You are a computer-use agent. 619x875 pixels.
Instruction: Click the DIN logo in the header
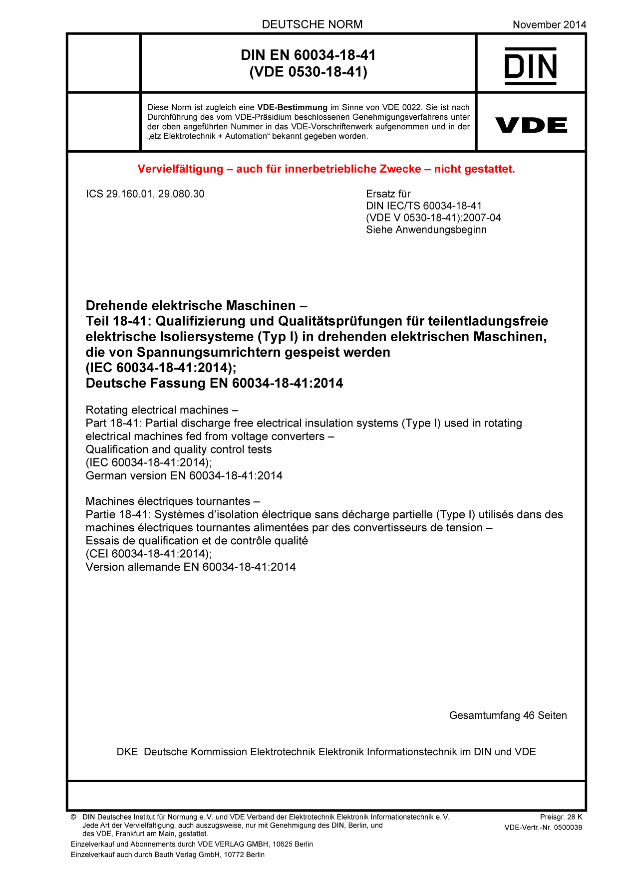pos(531,66)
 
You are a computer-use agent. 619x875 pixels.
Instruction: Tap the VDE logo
pos(531,125)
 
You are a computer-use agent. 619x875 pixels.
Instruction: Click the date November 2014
pos(549,24)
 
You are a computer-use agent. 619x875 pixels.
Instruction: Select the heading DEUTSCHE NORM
pos(312,24)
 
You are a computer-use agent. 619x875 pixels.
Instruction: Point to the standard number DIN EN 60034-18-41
pos(308,55)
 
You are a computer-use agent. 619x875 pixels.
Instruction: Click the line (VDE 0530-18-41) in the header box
pos(308,72)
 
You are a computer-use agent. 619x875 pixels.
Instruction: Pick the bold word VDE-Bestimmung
pos(292,107)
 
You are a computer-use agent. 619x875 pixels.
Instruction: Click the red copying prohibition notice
pos(326,169)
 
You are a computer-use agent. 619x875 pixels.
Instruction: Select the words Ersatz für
pos(388,194)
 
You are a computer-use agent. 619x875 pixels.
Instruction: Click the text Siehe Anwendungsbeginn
pos(426,230)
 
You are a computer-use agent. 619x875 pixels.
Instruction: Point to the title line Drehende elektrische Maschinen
pos(196,305)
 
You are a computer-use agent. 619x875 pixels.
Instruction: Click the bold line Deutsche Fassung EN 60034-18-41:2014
pos(214,383)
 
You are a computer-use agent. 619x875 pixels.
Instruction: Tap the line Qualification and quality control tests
pos(179,449)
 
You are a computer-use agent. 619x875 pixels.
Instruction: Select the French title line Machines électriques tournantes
pos(173,501)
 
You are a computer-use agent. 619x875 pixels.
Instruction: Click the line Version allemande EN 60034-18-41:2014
pos(191,567)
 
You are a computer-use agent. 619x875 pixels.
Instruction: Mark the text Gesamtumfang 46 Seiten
pos(508,715)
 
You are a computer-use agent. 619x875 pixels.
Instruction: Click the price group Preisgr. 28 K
pos(561,817)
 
